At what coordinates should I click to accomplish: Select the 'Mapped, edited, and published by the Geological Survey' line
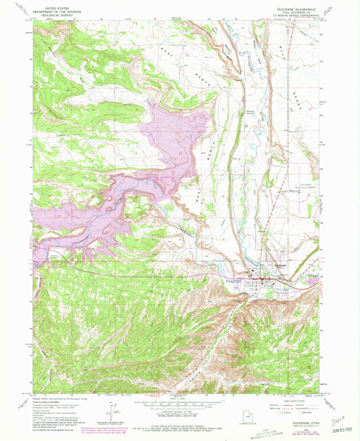click(54, 396)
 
